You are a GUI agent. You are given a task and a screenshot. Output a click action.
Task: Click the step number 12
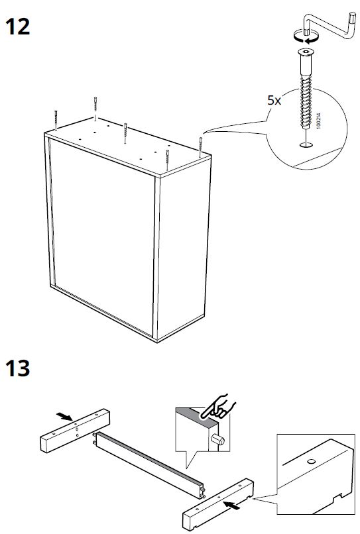[x=17, y=27]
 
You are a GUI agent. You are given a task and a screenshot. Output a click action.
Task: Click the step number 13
[x=17, y=368]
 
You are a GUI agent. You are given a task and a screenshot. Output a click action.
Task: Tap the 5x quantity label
[x=274, y=101]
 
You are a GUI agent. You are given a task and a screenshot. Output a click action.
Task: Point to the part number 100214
[x=318, y=121]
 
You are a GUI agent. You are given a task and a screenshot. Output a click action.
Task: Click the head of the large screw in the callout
[x=306, y=52]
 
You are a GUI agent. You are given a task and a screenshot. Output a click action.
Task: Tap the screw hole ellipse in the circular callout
[x=306, y=145]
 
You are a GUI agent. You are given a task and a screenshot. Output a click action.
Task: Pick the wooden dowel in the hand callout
[x=217, y=439]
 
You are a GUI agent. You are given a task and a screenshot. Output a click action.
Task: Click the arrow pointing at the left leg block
[x=64, y=416]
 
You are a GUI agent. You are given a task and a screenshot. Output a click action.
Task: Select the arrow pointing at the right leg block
[x=232, y=505]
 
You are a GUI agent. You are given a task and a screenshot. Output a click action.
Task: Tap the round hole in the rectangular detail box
[x=310, y=462]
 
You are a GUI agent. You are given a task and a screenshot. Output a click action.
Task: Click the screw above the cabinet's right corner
[x=201, y=147]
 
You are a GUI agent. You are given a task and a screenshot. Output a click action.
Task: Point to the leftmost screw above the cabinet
[x=56, y=120]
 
